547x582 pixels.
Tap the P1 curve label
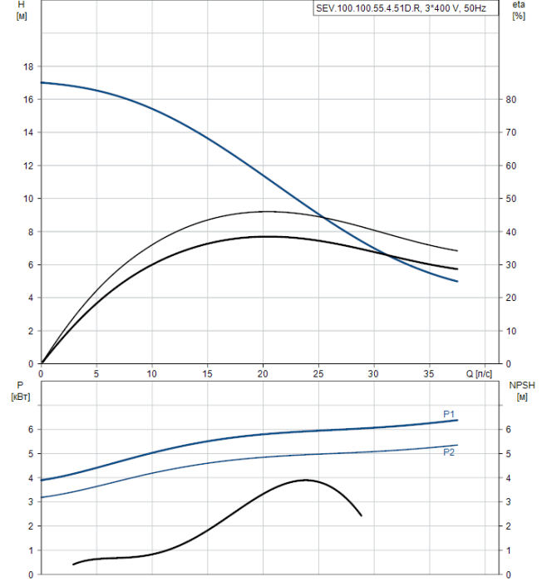coord(449,414)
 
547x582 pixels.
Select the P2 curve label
coord(449,452)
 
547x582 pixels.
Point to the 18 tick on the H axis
coord(28,67)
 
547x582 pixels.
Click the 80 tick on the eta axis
coord(512,100)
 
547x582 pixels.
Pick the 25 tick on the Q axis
coord(318,373)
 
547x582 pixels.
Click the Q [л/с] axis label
coord(480,373)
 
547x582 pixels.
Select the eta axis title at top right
coord(519,10)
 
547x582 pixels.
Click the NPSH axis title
coord(522,390)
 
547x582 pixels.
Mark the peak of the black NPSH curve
coord(305,480)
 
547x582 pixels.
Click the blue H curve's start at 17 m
coord(42,82)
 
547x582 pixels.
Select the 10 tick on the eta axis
coord(512,331)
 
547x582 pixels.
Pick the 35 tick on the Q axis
coord(429,373)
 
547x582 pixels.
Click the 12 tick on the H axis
coord(28,165)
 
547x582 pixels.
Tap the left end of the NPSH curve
coord(73,565)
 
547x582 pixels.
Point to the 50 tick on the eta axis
coord(512,199)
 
